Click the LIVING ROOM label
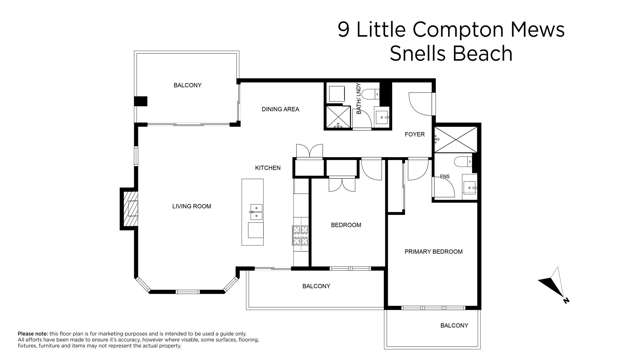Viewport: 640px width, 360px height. tap(193, 207)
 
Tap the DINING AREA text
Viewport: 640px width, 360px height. tap(280, 109)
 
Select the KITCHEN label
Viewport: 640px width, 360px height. tap(267, 168)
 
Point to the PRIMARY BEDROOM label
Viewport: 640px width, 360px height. tap(433, 252)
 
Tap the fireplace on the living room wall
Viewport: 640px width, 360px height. tap(128, 208)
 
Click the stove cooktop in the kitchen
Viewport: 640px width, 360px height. tap(299, 235)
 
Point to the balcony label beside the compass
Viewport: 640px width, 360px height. tap(454, 326)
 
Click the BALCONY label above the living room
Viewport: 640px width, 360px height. tap(187, 85)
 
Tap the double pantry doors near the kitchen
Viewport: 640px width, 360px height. tap(310, 152)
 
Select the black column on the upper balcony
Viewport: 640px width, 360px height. tap(141, 100)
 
